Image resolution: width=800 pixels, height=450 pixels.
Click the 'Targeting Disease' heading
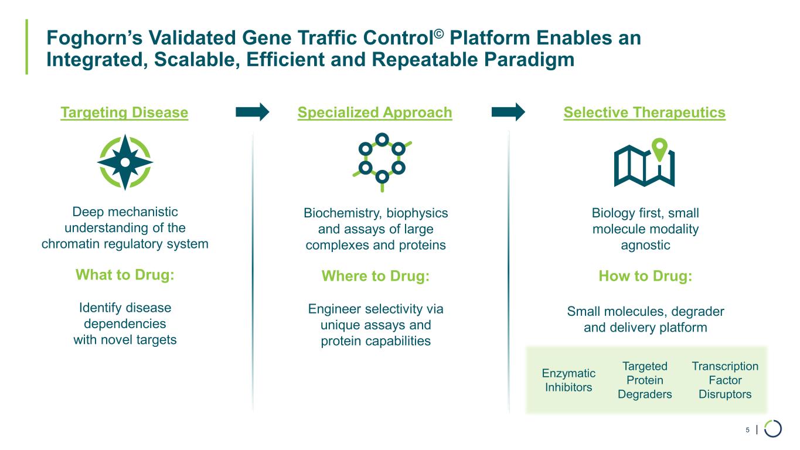pyautogui.click(x=124, y=112)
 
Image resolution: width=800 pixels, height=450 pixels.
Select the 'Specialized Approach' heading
pyautogui.click(x=375, y=112)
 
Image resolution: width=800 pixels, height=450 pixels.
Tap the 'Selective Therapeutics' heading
pyautogui.click(x=644, y=112)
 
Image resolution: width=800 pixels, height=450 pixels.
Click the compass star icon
pyautogui.click(x=125, y=162)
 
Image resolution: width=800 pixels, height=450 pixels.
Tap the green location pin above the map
pyautogui.click(x=660, y=149)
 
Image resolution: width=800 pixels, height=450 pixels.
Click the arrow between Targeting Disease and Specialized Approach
pyautogui.click(x=252, y=111)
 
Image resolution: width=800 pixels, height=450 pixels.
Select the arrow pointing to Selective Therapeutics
pyautogui.click(x=508, y=111)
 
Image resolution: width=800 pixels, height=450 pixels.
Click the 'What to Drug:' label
pyautogui.click(x=125, y=275)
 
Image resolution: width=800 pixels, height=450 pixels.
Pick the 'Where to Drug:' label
pyautogui.click(x=376, y=276)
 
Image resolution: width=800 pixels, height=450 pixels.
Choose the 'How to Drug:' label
pyautogui.click(x=645, y=276)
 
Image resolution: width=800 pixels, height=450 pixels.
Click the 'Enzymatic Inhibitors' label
pyautogui.click(x=568, y=380)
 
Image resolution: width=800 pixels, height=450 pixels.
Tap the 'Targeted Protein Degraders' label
pyautogui.click(x=645, y=380)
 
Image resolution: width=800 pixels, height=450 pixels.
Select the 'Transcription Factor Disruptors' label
pyautogui.click(x=725, y=380)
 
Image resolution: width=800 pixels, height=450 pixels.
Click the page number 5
pyautogui.click(x=747, y=430)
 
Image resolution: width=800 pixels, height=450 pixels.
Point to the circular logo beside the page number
pyautogui.click(x=773, y=428)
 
